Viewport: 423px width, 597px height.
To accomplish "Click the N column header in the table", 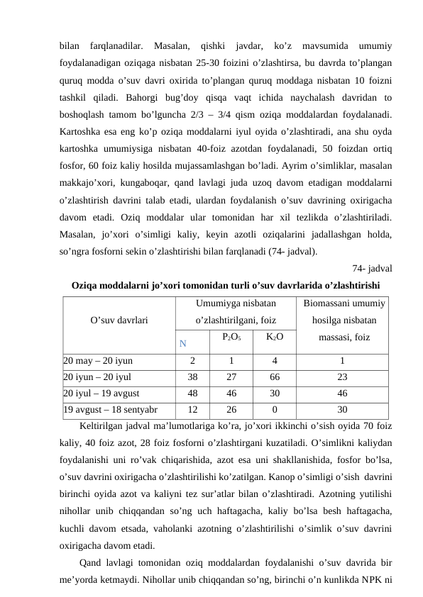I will [x=183, y=344].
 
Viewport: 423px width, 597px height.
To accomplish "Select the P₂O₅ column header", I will [x=232, y=337].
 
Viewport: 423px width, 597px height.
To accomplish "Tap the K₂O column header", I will [x=275, y=337].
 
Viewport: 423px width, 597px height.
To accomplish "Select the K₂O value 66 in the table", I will [x=275, y=377].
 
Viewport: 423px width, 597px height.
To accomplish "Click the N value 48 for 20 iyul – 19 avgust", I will [x=192, y=394].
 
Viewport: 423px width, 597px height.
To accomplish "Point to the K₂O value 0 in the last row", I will [x=275, y=410].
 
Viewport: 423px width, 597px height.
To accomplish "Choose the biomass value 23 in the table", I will [x=343, y=377].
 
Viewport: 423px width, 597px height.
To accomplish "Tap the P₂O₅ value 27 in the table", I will [x=232, y=377].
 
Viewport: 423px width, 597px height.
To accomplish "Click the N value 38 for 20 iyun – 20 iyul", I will [x=192, y=377].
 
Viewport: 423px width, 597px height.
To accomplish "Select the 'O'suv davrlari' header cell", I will [x=119, y=320].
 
